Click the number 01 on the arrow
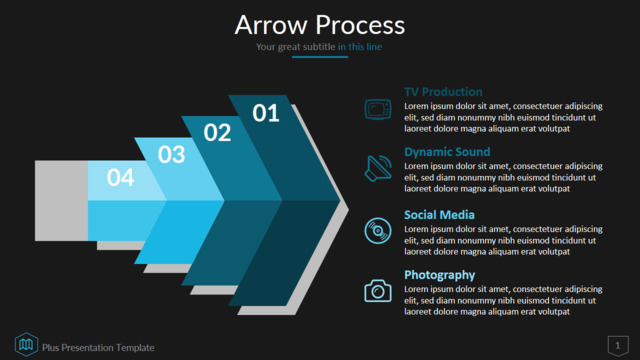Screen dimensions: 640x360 pyautogui.click(x=266, y=113)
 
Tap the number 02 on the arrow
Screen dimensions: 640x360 pyautogui.click(x=217, y=133)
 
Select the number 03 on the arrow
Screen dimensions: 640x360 pyautogui.click(x=171, y=155)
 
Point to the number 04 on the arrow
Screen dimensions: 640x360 pyautogui.click(x=120, y=178)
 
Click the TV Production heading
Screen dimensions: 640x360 pyautogui.click(x=443, y=92)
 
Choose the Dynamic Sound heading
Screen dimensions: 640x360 pyautogui.click(x=447, y=152)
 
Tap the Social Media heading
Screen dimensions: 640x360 pyautogui.click(x=439, y=215)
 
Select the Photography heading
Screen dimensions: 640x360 pyautogui.click(x=440, y=275)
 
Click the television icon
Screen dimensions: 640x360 pyautogui.click(x=378, y=109)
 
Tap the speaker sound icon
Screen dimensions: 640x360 pyautogui.click(x=378, y=168)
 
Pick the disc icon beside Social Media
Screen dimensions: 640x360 pyautogui.click(x=378, y=231)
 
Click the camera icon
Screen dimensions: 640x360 pyautogui.click(x=378, y=291)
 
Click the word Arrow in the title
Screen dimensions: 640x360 pyautogui.click(x=271, y=25)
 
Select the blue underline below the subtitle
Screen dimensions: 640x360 pyautogui.click(x=320, y=57)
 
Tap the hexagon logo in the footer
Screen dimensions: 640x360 pyautogui.click(x=26, y=344)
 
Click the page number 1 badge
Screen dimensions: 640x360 pyautogui.click(x=618, y=346)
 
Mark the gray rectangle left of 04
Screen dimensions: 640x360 pyautogui.click(x=62, y=200)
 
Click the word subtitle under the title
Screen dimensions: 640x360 pyautogui.click(x=318, y=47)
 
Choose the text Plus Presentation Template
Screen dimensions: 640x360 pyautogui.click(x=98, y=348)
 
